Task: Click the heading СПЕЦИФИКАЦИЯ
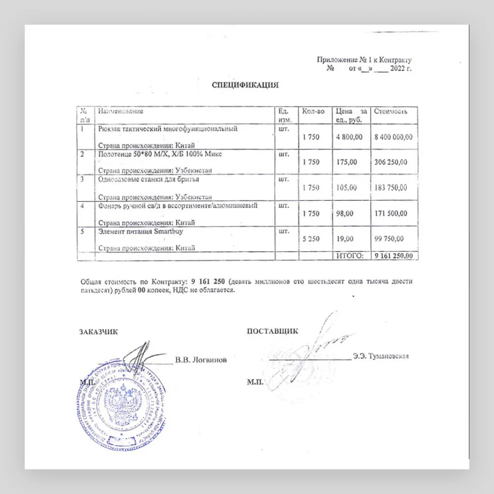click(x=246, y=85)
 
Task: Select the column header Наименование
click(x=121, y=111)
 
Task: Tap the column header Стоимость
click(x=391, y=111)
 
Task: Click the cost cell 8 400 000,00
click(x=393, y=137)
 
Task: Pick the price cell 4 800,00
click(x=349, y=137)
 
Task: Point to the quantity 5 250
click(x=311, y=239)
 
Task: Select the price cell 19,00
click(x=345, y=239)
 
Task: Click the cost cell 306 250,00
click(x=391, y=162)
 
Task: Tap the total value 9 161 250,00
click(x=393, y=256)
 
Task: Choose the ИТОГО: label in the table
click(x=349, y=256)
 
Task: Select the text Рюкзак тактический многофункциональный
click(x=168, y=129)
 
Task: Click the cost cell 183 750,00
click(x=391, y=188)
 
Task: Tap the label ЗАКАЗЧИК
click(x=98, y=331)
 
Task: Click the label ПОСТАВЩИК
click(x=272, y=331)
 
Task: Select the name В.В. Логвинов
click(x=201, y=360)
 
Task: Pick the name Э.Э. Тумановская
click(x=381, y=357)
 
